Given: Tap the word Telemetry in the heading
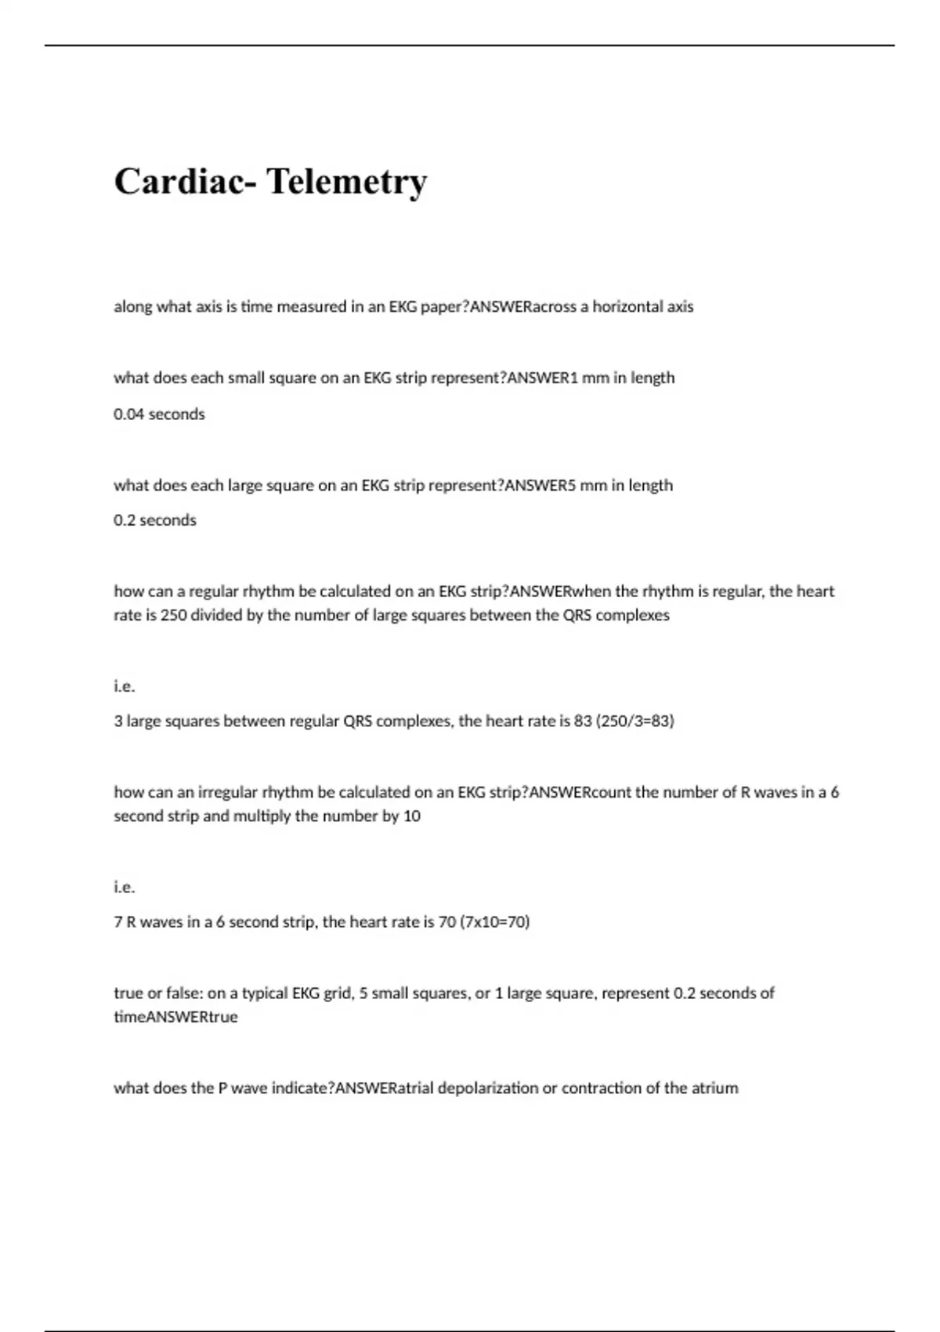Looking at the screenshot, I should (x=347, y=182).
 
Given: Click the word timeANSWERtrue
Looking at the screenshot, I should (x=175, y=1017).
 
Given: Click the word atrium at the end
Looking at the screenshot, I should (x=714, y=1088).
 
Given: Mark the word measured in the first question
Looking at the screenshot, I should (x=313, y=306).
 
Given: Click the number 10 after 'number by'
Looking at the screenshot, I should (x=412, y=816).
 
